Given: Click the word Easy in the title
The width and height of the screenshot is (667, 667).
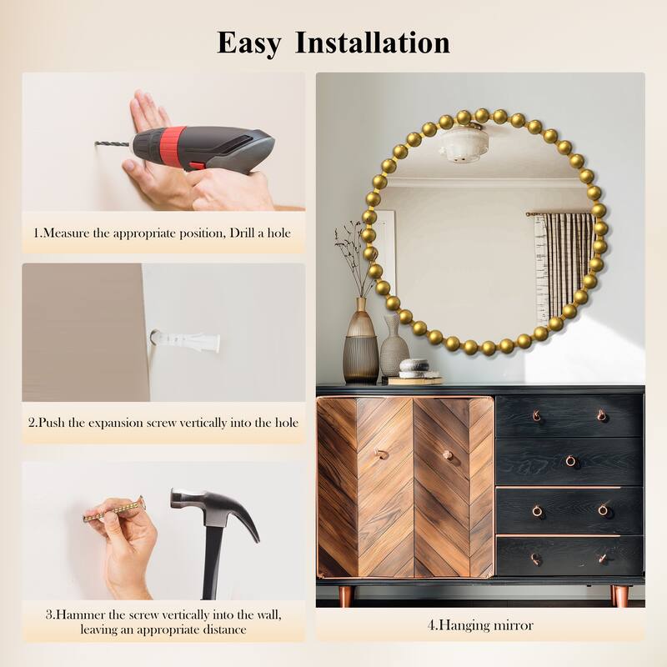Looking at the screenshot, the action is [x=248, y=43].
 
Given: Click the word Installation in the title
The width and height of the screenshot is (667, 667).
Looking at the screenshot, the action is [x=372, y=43].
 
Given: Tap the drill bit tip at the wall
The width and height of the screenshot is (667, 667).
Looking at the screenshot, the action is [x=96, y=143].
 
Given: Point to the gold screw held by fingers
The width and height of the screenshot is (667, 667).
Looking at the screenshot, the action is [x=114, y=510].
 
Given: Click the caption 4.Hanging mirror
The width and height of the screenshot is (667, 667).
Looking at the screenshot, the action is [x=480, y=626].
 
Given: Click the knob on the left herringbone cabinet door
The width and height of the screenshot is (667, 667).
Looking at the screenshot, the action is [x=381, y=454].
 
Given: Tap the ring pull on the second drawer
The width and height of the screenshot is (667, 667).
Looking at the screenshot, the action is [x=570, y=461].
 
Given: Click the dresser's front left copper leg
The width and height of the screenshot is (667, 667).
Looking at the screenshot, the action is [x=346, y=596].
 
